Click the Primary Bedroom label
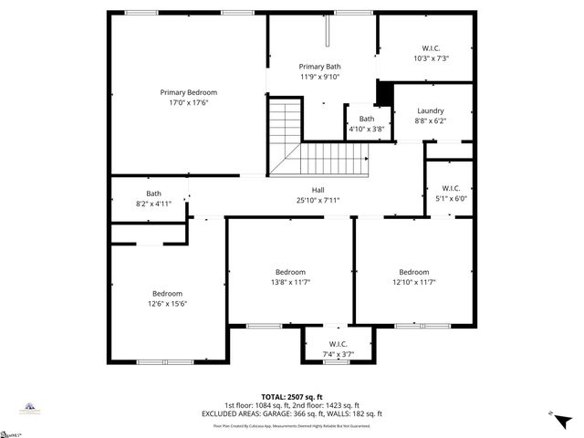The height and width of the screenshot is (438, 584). tap(189, 92)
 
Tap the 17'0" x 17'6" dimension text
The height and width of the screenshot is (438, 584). tap(189, 103)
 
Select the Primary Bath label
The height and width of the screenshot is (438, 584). tap(319, 67)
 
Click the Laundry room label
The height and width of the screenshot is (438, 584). tap(430, 110)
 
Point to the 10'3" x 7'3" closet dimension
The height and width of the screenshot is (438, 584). tap(430, 58)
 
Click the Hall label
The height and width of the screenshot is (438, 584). tap(317, 190)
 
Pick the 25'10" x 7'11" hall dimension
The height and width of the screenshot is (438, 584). tap(317, 200)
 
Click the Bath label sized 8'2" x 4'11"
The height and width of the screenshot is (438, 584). tap(153, 193)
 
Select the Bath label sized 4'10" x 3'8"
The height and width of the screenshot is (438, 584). tap(366, 119)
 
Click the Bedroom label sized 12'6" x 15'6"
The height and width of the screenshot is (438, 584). tap(167, 293)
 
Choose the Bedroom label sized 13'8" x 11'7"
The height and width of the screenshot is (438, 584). tap(290, 272)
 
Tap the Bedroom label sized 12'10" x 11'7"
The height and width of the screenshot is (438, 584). tap(413, 272)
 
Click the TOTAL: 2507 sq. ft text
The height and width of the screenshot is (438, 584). tap(291, 396)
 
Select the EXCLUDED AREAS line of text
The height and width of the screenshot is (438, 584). tap(291, 413)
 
